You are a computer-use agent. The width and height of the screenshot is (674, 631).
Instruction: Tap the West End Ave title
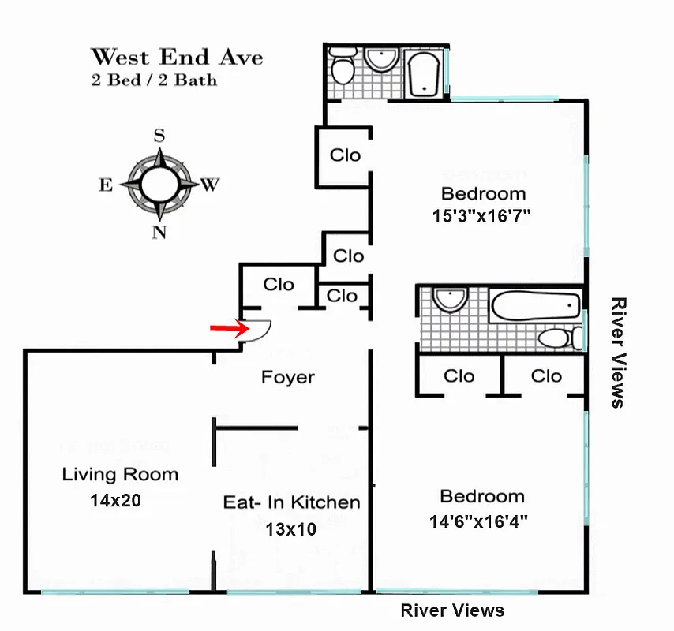tap(177, 58)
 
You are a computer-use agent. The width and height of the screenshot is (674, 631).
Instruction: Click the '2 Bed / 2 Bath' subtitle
tap(154, 80)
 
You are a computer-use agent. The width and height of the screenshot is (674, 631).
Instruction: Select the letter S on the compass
tap(159, 135)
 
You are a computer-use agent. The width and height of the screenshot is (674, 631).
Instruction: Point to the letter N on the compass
tap(159, 232)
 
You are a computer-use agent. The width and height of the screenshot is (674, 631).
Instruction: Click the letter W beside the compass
tap(209, 185)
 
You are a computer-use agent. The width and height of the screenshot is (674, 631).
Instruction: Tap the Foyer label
tap(288, 378)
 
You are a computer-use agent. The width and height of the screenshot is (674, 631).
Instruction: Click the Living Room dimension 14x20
tap(115, 500)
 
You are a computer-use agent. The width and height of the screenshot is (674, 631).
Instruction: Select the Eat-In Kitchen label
tap(291, 502)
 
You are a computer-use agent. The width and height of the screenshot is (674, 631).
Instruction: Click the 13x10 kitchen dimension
tap(291, 529)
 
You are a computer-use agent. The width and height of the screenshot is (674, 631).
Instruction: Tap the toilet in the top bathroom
tap(343, 68)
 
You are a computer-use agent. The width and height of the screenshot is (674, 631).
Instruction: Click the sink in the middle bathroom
tap(450, 299)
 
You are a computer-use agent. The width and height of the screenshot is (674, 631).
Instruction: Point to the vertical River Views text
tap(619, 352)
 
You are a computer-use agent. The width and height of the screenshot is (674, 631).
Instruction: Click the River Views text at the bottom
tap(452, 610)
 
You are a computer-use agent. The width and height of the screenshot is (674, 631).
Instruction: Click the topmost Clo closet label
tap(345, 155)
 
